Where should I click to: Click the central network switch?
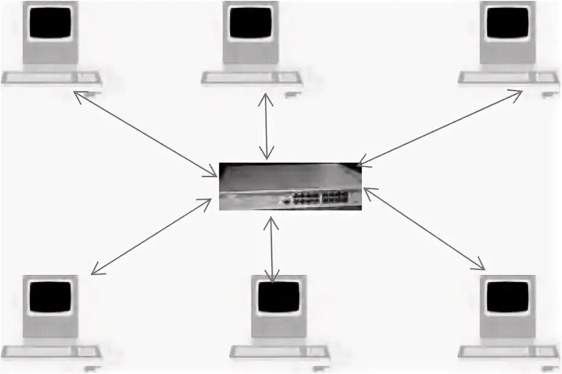(x=291, y=186)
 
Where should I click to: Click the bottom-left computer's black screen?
(x=51, y=297)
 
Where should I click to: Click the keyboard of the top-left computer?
(x=51, y=78)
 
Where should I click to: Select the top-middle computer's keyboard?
(x=252, y=78)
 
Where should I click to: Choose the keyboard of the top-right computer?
(x=509, y=78)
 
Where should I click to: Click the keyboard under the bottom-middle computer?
(x=280, y=352)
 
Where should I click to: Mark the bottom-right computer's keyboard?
(x=509, y=351)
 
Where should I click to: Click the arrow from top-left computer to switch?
(x=145, y=134)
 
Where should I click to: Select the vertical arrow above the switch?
(x=266, y=126)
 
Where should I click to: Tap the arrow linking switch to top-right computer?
(x=439, y=128)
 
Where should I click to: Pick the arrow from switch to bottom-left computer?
(x=151, y=236)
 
